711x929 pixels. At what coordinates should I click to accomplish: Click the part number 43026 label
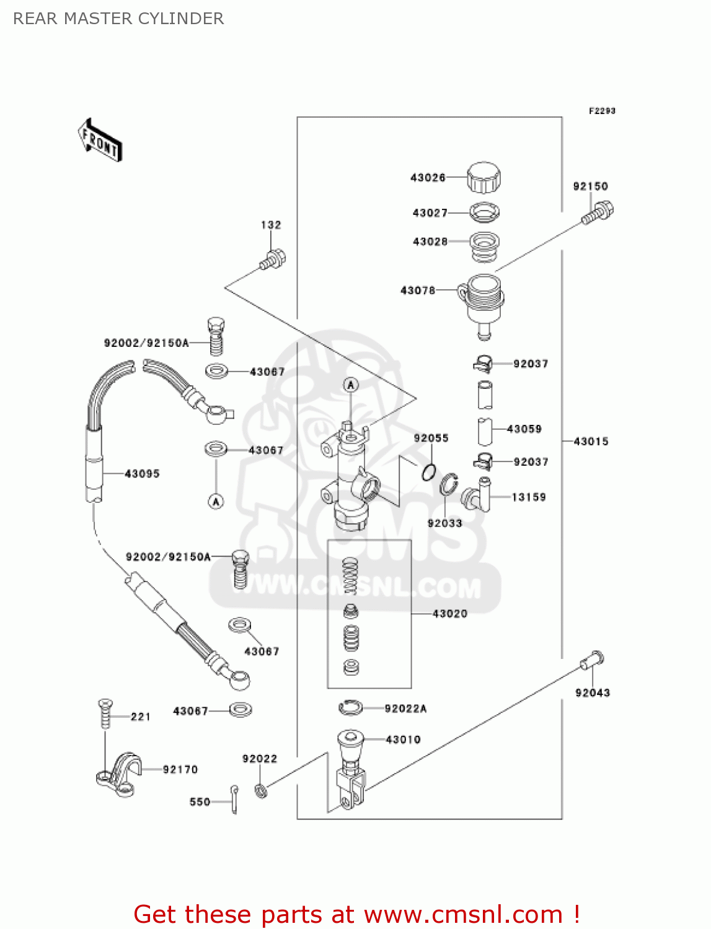click(x=428, y=178)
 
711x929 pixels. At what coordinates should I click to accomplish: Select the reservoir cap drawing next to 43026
click(x=484, y=178)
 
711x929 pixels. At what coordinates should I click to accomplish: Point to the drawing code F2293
click(x=602, y=111)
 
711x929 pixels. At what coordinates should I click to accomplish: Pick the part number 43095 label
click(x=142, y=474)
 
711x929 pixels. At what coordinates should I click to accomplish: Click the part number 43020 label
click(x=450, y=614)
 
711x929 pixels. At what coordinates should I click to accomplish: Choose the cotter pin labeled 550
click(x=234, y=800)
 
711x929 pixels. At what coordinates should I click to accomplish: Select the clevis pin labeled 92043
click(x=592, y=660)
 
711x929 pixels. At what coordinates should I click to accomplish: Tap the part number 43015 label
click(x=591, y=442)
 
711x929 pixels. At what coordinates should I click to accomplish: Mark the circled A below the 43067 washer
click(x=216, y=502)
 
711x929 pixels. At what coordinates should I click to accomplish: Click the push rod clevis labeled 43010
click(x=350, y=768)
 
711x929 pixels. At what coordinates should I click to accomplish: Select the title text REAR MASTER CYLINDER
click(x=118, y=19)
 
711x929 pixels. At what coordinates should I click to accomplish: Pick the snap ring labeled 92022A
click(x=351, y=707)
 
